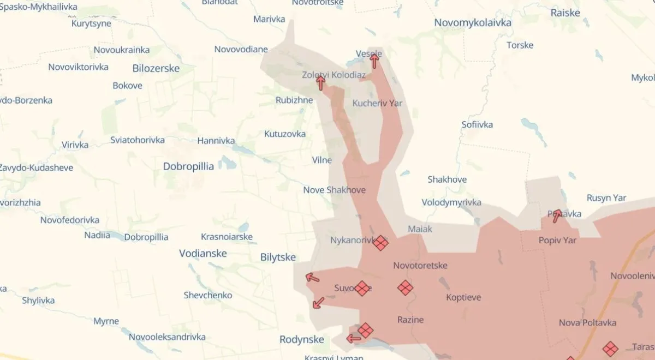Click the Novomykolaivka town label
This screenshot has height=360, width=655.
[x=473, y=23]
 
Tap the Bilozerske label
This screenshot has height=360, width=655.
[x=156, y=69]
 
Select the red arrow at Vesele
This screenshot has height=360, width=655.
[x=374, y=60]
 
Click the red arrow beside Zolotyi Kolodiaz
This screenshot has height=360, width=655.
[x=320, y=83]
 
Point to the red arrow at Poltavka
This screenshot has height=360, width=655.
[x=557, y=216]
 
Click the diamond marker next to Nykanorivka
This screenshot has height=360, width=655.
[x=380, y=243]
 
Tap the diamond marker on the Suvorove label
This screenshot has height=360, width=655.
[x=362, y=288]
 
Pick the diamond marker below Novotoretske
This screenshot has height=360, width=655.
[x=405, y=287]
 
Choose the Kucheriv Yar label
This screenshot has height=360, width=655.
[x=377, y=103]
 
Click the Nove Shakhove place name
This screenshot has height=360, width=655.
[x=335, y=190]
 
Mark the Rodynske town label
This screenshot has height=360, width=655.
[x=302, y=339]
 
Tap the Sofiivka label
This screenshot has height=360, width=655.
[x=477, y=124]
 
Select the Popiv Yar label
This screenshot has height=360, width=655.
[x=557, y=240]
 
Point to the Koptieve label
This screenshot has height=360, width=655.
[x=463, y=297]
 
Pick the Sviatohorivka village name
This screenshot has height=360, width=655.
[x=138, y=140]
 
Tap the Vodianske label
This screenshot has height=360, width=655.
[x=203, y=254]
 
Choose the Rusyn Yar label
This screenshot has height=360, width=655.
[x=606, y=198]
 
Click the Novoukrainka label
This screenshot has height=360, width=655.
[x=122, y=50]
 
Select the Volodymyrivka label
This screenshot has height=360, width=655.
[x=451, y=202]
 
